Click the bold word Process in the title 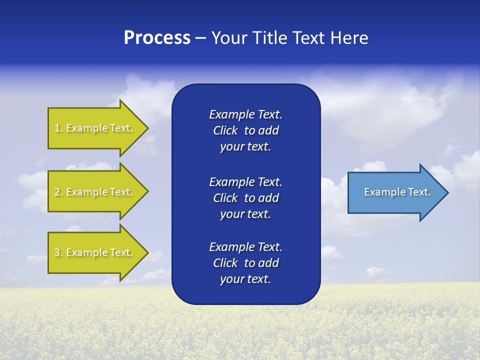(157, 38)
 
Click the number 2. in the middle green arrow (58, 192)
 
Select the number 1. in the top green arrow (58, 128)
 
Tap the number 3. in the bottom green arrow (58, 252)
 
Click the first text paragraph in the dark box (245, 130)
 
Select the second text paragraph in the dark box (245, 198)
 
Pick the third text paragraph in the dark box (245, 263)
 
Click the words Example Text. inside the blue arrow (397, 192)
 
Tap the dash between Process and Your (200, 38)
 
